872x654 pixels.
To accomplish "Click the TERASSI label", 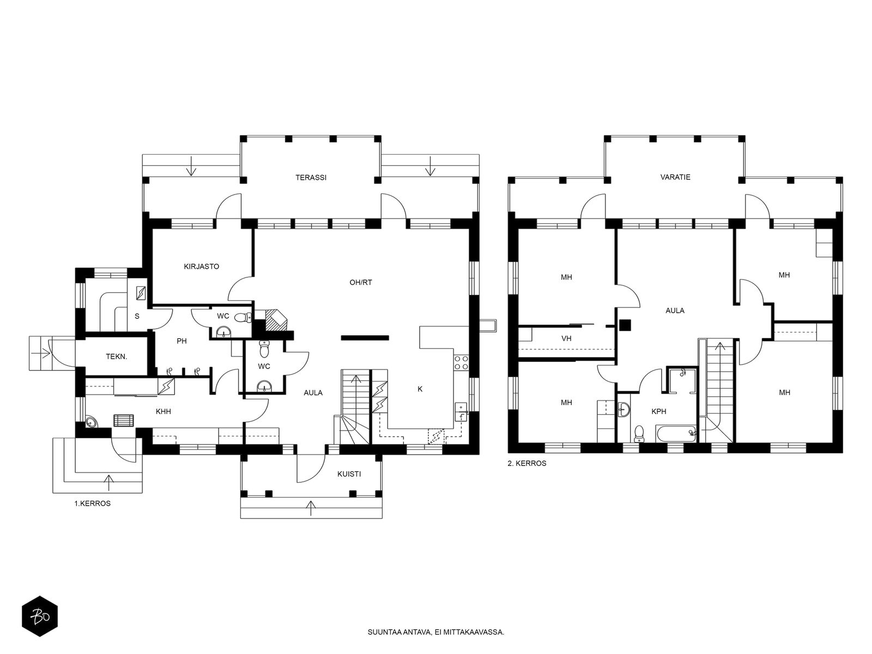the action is click(311, 178).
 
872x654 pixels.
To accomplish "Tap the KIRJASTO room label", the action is click(202, 267).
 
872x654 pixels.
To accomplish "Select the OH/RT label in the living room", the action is click(361, 282).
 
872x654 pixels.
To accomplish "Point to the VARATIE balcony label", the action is click(675, 177).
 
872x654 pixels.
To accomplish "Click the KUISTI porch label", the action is click(349, 474).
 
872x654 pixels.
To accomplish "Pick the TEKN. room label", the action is click(117, 356).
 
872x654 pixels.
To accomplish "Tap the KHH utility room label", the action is click(163, 411).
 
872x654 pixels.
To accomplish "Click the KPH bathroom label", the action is click(659, 411).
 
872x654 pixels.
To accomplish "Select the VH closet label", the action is click(566, 338).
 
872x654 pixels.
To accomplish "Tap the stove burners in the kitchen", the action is click(461, 362).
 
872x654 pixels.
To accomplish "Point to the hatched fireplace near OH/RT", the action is click(276, 320).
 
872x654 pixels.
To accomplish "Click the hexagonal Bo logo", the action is click(40, 616).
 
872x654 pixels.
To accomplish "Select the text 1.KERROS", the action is click(93, 504).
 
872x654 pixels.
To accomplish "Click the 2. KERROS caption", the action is click(527, 463).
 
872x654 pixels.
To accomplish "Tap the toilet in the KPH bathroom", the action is click(639, 433).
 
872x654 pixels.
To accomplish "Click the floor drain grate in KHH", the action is click(124, 421).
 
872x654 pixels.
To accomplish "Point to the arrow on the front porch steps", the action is click(311, 508).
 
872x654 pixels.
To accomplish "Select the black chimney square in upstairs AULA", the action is click(625, 325).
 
